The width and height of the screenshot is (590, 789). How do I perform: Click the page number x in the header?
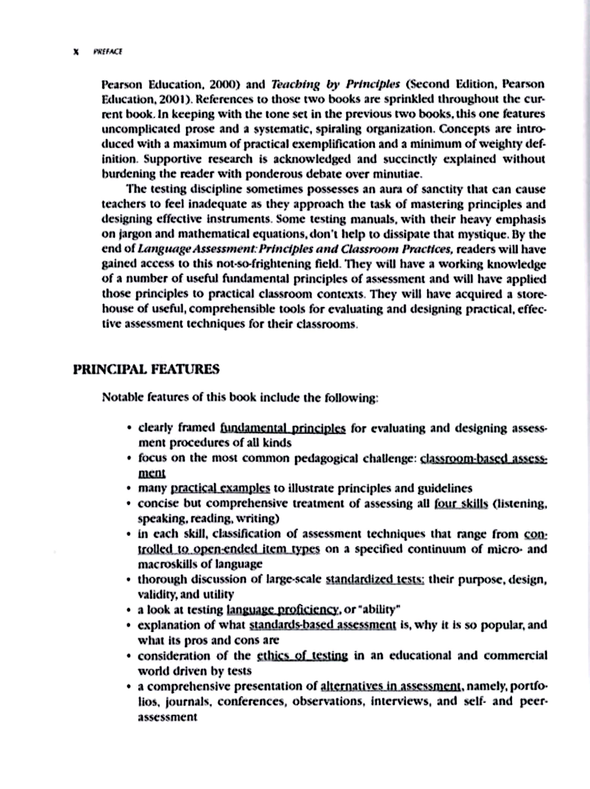(x=75, y=52)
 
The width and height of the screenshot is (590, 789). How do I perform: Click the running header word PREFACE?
(x=108, y=52)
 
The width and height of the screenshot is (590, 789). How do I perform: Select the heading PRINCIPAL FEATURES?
(x=146, y=369)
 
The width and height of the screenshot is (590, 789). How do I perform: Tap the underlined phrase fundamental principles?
(x=283, y=428)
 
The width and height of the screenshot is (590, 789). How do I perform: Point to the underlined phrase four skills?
(x=461, y=503)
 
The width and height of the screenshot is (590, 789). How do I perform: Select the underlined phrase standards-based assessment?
(x=323, y=625)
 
